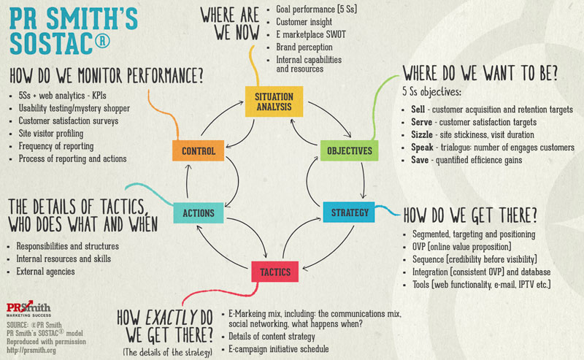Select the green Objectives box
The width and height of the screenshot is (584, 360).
click(350, 151)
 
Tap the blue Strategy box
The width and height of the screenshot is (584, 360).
click(350, 213)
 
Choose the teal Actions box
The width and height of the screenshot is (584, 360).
click(199, 213)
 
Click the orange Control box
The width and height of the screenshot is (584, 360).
click(199, 151)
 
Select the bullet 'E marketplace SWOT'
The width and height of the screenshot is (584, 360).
click(312, 34)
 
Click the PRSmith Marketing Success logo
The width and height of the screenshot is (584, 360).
click(26, 308)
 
